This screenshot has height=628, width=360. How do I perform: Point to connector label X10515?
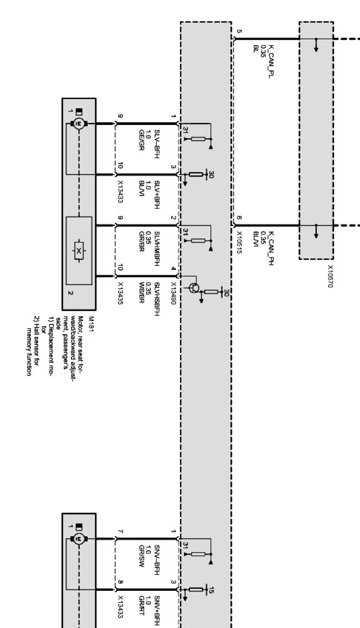[x=239, y=242]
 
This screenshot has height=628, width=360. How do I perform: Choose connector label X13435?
[x=120, y=294]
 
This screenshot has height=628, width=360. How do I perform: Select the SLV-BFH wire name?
[x=156, y=141]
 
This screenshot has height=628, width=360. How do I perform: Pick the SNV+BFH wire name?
[x=156, y=610]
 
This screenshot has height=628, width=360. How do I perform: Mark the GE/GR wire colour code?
[x=141, y=140]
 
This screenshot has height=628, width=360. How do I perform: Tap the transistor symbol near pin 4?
[x=194, y=288]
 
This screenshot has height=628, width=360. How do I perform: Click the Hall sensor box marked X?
[x=79, y=251]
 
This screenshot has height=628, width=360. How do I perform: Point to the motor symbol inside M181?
[x=79, y=123]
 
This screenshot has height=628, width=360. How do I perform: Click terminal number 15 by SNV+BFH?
[x=211, y=590]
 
